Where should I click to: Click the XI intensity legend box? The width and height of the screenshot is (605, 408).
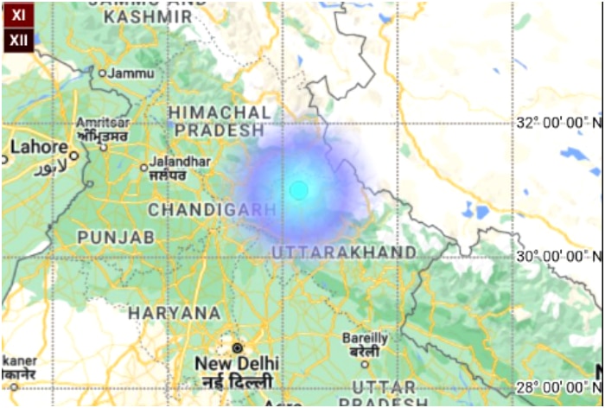18,16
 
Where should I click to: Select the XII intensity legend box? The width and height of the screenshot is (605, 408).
18,39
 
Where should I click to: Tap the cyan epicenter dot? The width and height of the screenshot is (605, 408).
298,190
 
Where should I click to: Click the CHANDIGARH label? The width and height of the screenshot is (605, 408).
212,209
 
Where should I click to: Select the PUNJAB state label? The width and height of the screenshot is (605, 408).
116,236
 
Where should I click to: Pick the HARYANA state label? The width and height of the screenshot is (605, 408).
175,312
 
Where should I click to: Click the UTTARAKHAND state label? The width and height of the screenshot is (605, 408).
344,252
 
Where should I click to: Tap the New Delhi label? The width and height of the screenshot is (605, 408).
233,363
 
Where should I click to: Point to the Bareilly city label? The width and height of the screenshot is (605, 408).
365,337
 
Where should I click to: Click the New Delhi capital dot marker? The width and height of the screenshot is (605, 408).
237,347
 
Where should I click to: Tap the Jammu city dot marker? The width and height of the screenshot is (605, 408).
102,73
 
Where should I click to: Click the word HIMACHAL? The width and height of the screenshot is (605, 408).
219,112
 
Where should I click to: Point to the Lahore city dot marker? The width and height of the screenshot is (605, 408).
74,156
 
